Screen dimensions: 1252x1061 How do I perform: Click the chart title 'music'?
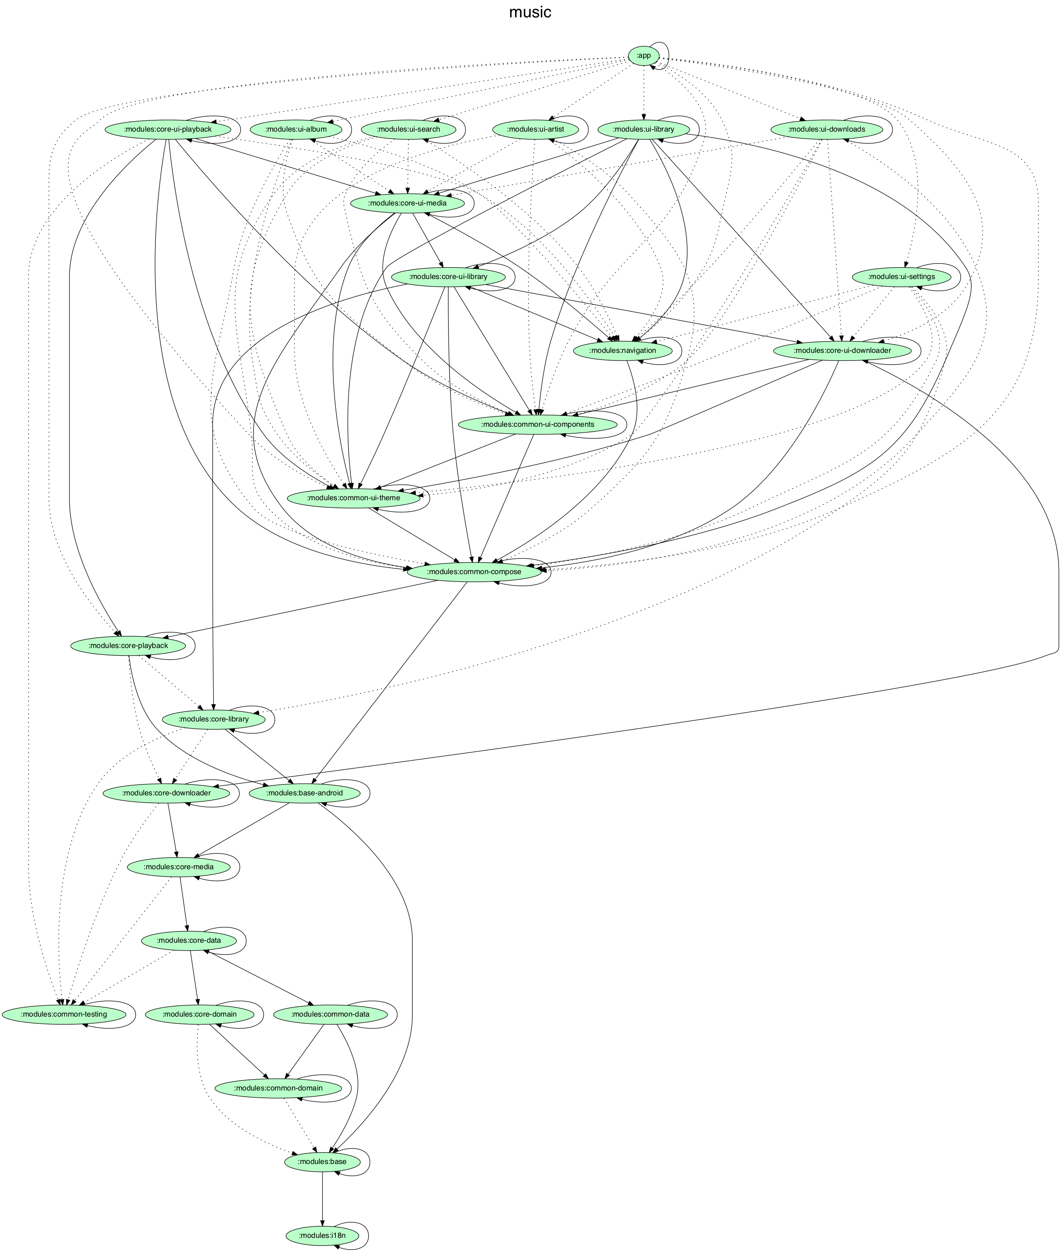530,13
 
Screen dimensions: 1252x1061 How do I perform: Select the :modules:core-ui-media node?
407,203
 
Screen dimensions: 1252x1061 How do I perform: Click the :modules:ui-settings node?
901,277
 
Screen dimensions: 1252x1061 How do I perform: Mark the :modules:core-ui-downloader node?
842,350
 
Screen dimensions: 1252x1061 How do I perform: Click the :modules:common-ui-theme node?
353,498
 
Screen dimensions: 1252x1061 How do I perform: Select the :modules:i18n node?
323,1235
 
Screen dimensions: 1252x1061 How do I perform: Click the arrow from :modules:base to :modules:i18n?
323,1197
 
